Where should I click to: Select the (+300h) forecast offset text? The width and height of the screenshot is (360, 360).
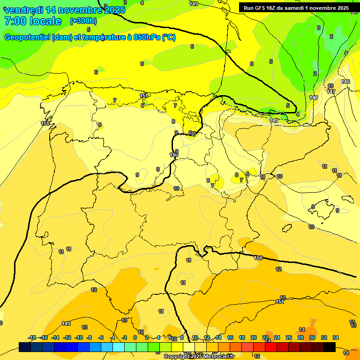[x=83, y=21]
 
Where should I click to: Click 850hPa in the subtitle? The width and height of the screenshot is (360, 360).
[x=147, y=37]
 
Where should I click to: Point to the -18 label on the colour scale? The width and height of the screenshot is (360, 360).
[x=32, y=337]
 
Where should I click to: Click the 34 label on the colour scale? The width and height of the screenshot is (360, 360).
[x=335, y=337]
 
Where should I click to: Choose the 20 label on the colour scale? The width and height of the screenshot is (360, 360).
[x=254, y=337]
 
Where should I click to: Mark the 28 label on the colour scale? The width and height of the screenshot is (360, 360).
[x=300, y=337]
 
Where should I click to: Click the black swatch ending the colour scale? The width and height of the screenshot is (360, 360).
[x=330, y=347]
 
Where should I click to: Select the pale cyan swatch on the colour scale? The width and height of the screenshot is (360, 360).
[x=119, y=347]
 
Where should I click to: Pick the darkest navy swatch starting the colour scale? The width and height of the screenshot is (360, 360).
[x=25, y=347]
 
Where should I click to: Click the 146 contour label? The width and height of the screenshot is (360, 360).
[x=345, y=82]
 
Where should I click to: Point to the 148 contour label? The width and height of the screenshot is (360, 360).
[x=314, y=97]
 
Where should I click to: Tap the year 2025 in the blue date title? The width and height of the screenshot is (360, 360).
[x=114, y=10]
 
